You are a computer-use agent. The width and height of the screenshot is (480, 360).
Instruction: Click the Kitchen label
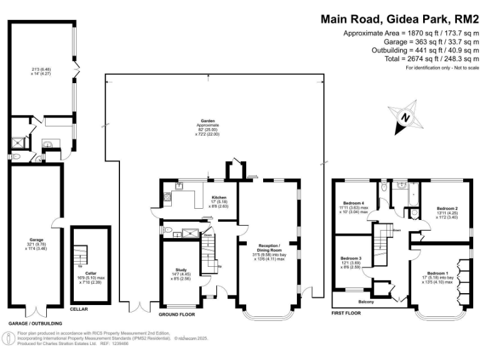pyautogui.click(x=218, y=197)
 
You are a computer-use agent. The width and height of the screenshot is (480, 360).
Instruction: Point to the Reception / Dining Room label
pyautogui.click(x=270, y=246)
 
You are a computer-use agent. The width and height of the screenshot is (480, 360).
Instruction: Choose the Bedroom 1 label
pyautogui.click(x=437, y=274)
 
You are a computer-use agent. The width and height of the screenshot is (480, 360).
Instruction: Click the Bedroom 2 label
pyautogui.click(x=447, y=208)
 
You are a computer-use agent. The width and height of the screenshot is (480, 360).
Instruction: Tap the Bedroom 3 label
pyautogui.click(x=351, y=258)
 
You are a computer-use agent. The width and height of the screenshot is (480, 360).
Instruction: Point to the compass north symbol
pyautogui.click(x=405, y=117)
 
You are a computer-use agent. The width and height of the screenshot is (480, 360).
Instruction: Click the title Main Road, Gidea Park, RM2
pyautogui.click(x=399, y=19)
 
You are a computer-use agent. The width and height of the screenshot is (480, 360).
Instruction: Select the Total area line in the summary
pyautogui.click(x=411, y=58)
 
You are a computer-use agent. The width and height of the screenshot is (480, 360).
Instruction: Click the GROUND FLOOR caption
pyautogui.click(x=177, y=306)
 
